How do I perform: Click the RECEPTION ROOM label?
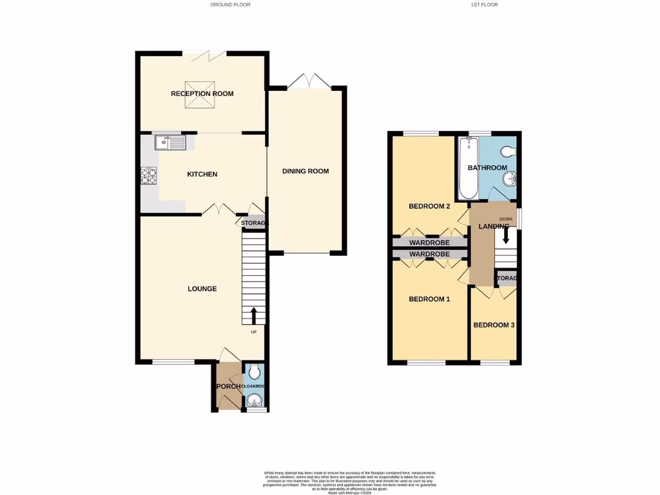(x=202, y=94)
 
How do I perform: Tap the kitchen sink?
(x=170, y=142)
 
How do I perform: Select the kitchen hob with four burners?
(x=148, y=175)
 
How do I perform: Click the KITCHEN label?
(x=202, y=175)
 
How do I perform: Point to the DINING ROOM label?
(x=306, y=171)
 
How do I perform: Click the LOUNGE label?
(x=202, y=289)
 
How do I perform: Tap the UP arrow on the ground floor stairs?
(x=253, y=315)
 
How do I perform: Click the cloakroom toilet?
(x=255, y=372)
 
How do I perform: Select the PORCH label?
(x=228, y=387)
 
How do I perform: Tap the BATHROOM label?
(x=488, y=168)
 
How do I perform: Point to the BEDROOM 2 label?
(x=429, y=207)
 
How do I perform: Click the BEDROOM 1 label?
(x=429, y=299)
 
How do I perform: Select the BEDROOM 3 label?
(x=494, y=325)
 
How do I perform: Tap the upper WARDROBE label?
(x=429, y=243)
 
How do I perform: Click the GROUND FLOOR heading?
(x=230, y=5)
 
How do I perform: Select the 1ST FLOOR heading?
(x=484, y=5)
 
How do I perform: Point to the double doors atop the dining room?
(x=309, y=82)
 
